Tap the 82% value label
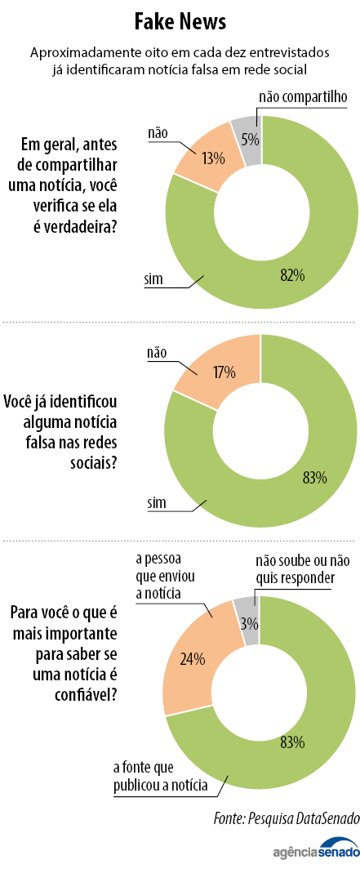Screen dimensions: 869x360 coord(291,275)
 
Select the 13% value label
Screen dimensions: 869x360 coord(214,158)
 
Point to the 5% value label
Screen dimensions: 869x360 coord(250,140)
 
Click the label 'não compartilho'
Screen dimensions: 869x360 coord(304,97)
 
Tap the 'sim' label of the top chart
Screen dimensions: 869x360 coord(153,279)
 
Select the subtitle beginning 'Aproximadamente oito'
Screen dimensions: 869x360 coord(180,60)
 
